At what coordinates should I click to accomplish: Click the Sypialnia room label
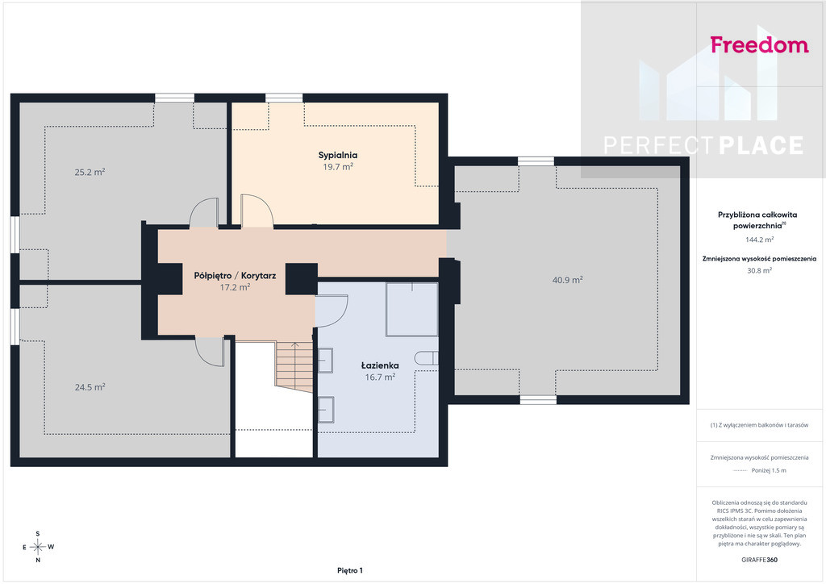tap(338, 155)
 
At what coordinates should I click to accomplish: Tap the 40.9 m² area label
tap(567, 280)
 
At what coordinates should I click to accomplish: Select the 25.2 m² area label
tap(90, 172)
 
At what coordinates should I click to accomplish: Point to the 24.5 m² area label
tap(90, 387)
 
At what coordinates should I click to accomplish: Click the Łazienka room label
tap(380, 365)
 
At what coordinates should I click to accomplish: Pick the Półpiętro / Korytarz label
tap(235, 275)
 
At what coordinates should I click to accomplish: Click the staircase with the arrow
tap(294, 366)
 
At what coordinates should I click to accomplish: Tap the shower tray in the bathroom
tap(412, 309)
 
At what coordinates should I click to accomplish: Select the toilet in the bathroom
tap(426, 358)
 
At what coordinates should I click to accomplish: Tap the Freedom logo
tap(759, 44)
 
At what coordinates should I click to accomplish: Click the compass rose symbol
tap(37, 547)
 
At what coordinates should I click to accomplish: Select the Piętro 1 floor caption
tap(350, 570)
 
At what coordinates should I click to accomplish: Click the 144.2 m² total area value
tap(759, 240)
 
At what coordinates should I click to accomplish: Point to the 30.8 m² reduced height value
tap(759, 271)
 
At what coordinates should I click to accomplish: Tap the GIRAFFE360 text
tap(759, 560)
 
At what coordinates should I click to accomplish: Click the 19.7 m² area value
tap(338, 167)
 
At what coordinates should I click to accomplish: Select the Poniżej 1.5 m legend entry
tap(760, 471)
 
